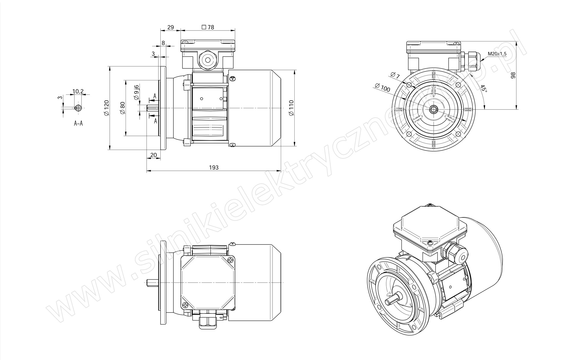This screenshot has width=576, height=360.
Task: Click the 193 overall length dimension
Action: tap(214, 167)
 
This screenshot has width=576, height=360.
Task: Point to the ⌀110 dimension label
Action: tap(291, 108)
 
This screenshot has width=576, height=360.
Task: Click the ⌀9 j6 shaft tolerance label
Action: tap(137, 92)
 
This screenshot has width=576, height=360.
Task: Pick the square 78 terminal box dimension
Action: tap(208, 27)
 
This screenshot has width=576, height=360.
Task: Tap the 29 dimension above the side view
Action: tap(170, 27)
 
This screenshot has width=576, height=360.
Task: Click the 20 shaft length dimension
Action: tap(154, 155)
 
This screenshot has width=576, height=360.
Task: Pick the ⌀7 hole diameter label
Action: tap(395, 75)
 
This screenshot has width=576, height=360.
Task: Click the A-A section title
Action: tap(78, 124)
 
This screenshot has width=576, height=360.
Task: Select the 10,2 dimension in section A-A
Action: tap(78, 92)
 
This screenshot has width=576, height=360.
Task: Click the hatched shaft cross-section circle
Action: tap(78, 108)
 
